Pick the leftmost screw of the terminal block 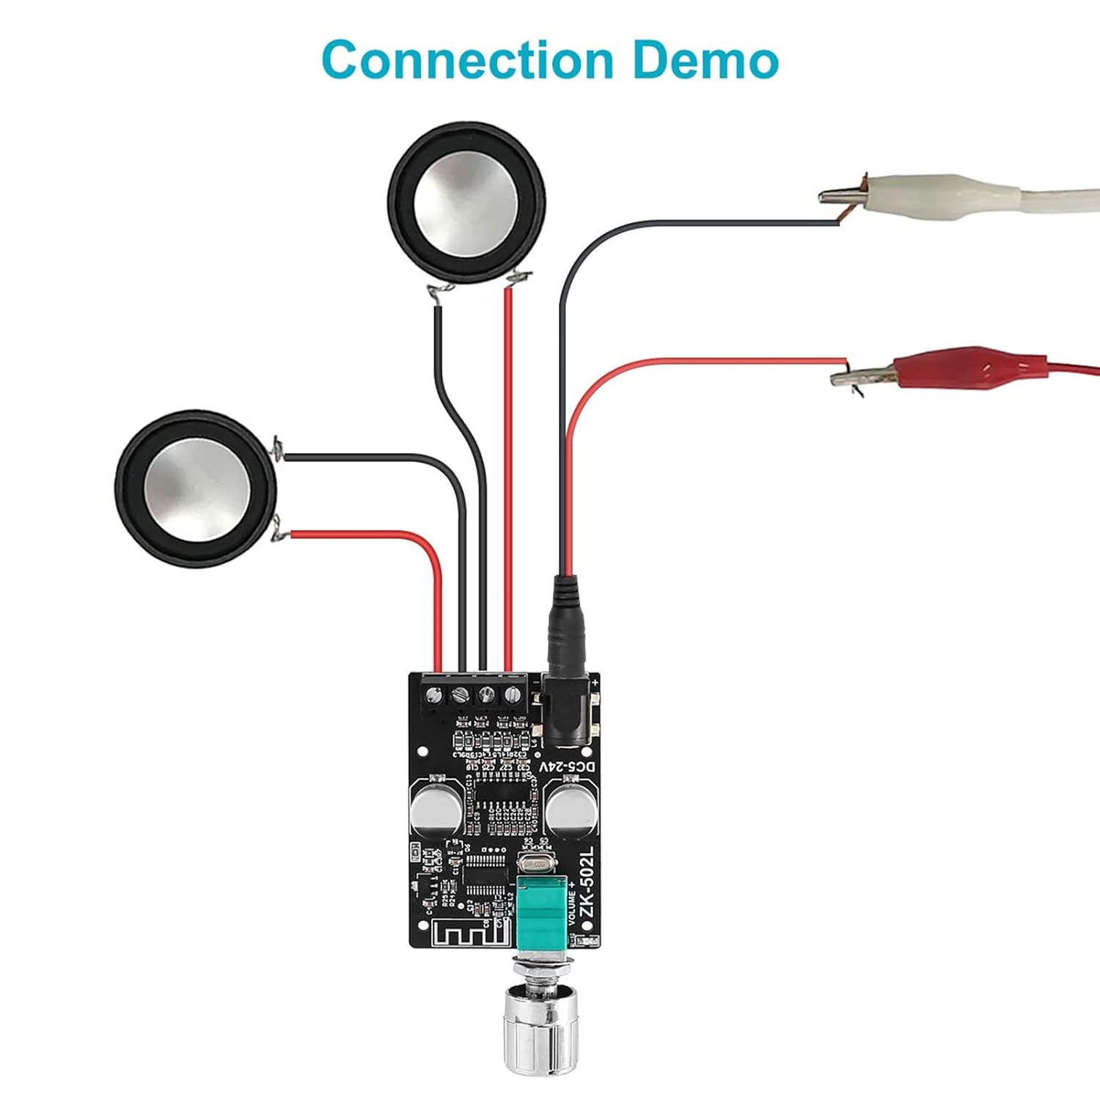pyautogui.click(x=434, y=694)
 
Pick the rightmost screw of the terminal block pyautogui.click(x=510, y=694)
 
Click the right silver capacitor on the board pyautogui.click(x=569, y=810)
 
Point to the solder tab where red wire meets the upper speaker pyautogui.click(x=520, y=279)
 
